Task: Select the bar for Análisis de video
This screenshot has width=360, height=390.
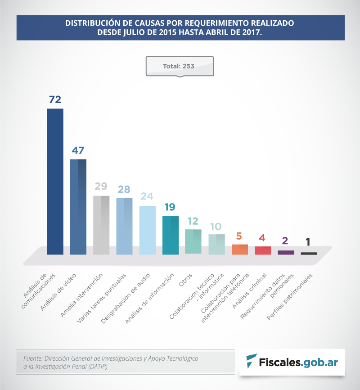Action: [x=78, y=207]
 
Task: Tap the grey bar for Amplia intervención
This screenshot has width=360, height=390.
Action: [x=101, y=225]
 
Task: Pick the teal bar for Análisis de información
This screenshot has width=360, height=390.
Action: [x=171, y=235]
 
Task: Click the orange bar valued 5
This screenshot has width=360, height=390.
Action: [x=240, y=249]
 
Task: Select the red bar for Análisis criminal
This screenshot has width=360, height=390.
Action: [x=263, y=250]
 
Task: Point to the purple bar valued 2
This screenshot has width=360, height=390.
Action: [x=286, y=253]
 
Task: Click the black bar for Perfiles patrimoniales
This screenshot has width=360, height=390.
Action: [x=309, y=254]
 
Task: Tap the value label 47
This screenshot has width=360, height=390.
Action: [x=78, y=150]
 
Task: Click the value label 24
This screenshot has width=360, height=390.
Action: [x=147, y=197]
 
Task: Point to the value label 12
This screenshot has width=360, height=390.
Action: [x=193, y=221]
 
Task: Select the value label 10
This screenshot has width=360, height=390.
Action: [x=216, y=226]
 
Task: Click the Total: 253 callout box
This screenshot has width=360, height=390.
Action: [x=179, y=66]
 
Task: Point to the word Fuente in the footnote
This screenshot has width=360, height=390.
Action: [x=32, y=358]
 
